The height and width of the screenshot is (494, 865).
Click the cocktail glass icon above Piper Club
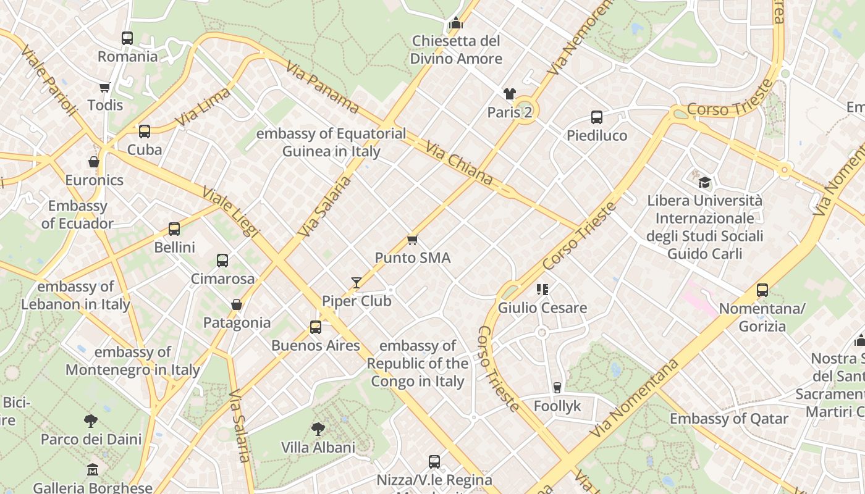(x=357, y=283)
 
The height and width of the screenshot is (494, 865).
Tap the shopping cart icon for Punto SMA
(x=412, y=240)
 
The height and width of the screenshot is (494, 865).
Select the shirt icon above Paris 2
(x=509, y=94)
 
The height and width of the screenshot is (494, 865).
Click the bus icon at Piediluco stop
(x=596, y=117)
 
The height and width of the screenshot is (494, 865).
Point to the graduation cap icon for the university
(x=704, y=182)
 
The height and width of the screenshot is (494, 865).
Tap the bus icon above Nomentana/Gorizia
(x=762, y=290)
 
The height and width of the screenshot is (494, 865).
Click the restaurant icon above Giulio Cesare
(x=542, y=289)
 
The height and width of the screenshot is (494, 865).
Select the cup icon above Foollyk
(x=557, y=387)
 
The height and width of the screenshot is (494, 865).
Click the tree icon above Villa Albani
(x=318, y=429)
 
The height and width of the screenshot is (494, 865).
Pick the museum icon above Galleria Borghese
(x=93, y=469)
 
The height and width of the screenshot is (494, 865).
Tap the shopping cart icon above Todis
(x=105, y=87)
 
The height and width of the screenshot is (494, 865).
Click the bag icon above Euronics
(x=94, y=162)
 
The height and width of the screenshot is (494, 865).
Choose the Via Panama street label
(x=322, y=87)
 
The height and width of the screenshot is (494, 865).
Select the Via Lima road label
(x=203, y=107)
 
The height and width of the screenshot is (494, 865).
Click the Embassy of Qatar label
(x=729, y=419)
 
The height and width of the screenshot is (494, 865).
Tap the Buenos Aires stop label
(x=315, y=345)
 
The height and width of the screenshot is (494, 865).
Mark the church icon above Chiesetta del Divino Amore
(x=456, y=23)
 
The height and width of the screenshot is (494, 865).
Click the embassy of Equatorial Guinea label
(x=331, y=142)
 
